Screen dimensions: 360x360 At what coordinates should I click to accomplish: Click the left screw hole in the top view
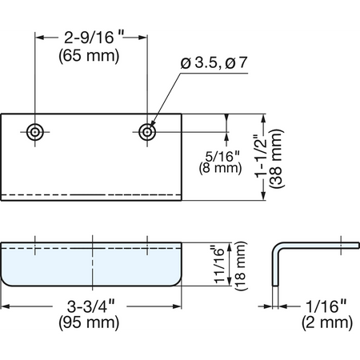pos(35,132)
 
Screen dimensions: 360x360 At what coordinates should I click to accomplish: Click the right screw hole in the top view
pos(147,132)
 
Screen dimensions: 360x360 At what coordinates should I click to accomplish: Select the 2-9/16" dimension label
pos(94,38)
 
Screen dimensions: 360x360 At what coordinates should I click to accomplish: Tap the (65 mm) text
pos(89,56)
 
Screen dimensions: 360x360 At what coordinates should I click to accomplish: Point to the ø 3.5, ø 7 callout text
pos(214,63)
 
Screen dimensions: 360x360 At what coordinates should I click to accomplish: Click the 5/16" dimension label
pos(222,156)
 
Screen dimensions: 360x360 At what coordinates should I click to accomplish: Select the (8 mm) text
pos(220,168)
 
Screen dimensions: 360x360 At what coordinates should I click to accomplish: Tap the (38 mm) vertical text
pos(276,158)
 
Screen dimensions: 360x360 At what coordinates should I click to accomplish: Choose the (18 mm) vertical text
pos(241,266)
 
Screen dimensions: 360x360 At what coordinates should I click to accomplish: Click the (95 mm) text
pos(89,322)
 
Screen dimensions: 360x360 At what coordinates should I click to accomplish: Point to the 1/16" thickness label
pos(326,306)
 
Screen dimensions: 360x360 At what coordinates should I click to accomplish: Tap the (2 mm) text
pos(327,322)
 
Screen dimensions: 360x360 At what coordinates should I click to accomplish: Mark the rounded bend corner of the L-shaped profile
pos(276,246)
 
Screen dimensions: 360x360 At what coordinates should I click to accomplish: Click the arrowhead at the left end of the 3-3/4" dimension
pos(6,306)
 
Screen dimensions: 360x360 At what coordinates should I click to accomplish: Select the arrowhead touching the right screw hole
pos(153,123)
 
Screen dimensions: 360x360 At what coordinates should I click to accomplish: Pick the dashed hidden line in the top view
pos(91,194)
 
